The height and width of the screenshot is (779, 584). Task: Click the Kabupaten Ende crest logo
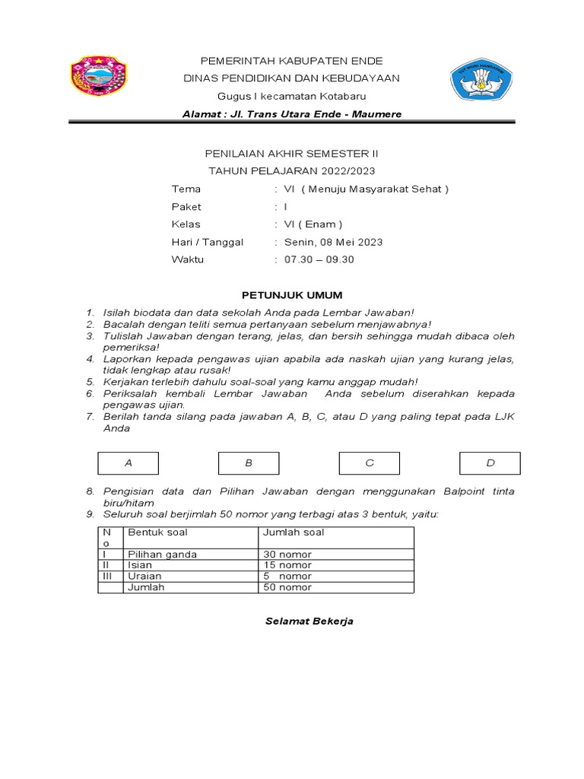click(x=99, y=78)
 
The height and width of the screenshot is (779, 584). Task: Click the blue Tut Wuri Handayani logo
click(x=482, y=78)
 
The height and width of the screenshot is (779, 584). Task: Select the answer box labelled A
click(x=129, y=463)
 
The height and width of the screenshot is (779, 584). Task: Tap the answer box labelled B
click(x=249, y=463)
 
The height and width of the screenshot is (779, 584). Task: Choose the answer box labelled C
click(x=370, y=463)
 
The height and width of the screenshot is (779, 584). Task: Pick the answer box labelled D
click(x=490, y=463)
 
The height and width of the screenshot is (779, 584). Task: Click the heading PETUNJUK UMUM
click(x=292, y=295)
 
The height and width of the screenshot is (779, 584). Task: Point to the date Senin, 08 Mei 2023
click(x=333, y=243)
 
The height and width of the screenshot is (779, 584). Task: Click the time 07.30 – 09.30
click(x=319, y=259)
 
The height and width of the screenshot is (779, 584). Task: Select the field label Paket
click(x=186, y=207)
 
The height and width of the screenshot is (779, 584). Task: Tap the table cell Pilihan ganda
click(x=162, y=555)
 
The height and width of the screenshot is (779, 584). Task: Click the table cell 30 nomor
click(x=287, y=555)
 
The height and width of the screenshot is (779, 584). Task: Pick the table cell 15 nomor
click(x=287, y=565)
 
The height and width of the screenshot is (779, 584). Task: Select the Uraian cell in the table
click(x=144, y=577)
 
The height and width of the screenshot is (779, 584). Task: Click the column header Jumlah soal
click(x=294, y=533)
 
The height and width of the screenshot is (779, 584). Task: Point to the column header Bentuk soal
click(x=157, y=533)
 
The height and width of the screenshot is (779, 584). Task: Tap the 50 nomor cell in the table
click(x=287, y=587)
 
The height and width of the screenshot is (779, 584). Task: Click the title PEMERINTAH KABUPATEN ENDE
click(x=291, y=61)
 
